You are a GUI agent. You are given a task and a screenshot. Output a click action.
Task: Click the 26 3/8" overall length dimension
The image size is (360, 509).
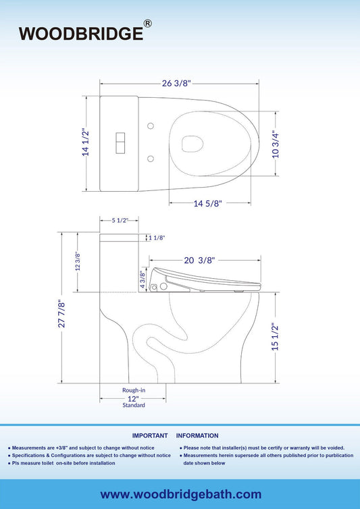click(x=177, y=83)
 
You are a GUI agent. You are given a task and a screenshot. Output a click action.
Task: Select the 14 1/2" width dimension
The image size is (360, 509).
click(x=86, y=142)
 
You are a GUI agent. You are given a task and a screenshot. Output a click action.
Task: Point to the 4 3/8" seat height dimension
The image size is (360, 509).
click(x=143, y=279)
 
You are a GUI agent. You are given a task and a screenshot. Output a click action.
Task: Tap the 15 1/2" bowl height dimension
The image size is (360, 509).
click(x=274, y=337)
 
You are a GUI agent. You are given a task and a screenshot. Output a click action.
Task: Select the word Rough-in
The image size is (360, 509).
click(x=133, y=390)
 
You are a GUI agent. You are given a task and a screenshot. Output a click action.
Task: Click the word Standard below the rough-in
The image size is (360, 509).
click(x=133, y=406)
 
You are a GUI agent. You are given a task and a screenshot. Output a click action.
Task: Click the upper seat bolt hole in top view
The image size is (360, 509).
click(x=151, y=126)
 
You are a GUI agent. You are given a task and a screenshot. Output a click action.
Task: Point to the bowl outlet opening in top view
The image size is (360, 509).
click(x=192, y=143)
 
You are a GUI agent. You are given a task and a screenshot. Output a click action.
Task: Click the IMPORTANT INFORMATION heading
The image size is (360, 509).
click(x=175, y=435)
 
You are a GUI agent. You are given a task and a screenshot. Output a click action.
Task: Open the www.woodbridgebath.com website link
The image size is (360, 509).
click(x=180, y=495)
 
